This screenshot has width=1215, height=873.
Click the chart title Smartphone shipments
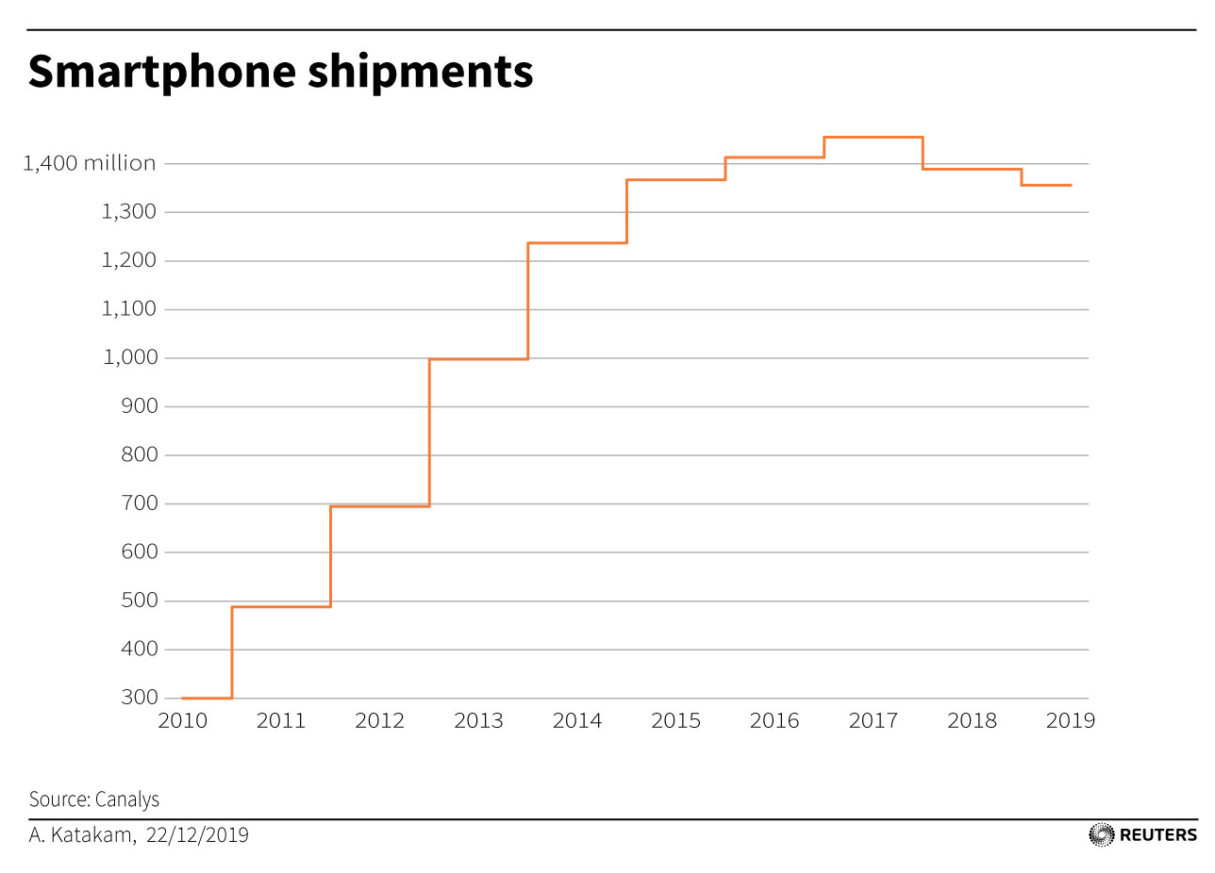pos(280,73)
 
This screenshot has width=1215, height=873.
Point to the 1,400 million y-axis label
pos(90,164)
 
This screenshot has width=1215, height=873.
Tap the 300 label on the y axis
pos(140,699)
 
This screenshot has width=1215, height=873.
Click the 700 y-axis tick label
pos(140,504)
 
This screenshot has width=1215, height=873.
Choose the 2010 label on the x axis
pos(182,721)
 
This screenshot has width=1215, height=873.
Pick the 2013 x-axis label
pos(478,721)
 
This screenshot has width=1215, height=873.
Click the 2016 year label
pos(774,721)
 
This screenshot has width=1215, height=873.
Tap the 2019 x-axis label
pos(1071,721)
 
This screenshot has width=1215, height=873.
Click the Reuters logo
pos(1142,834)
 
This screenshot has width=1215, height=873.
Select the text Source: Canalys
pos(94,799)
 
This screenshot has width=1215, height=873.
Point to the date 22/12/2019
pos(198,835)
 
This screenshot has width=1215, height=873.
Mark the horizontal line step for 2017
pos(873,138)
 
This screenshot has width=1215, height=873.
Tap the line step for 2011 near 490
pos(281,606)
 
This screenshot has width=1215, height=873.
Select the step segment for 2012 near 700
pos(380,506)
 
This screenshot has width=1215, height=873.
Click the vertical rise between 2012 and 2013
pos(429,433)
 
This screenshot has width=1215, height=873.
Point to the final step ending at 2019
pos(1046,186)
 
